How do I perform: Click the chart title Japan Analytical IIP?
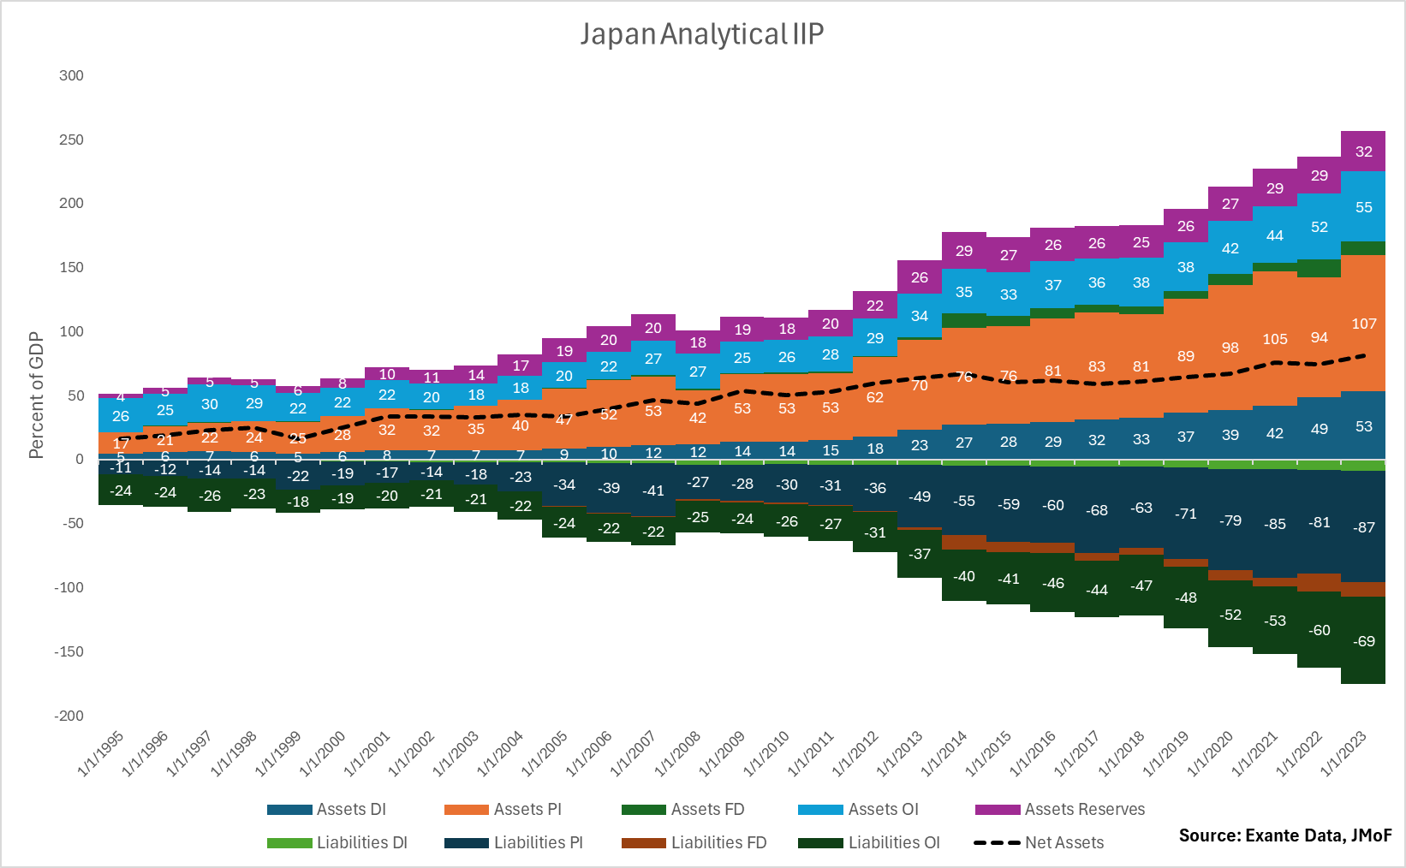(702, 34)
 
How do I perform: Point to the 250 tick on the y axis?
(71, 140)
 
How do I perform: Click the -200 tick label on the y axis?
(69, 716)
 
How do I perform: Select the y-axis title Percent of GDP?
(36, 395)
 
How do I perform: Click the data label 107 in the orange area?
(1363, 324)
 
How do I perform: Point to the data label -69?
(1363, 641)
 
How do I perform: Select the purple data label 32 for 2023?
(1363, 152)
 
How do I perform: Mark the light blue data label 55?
(1363, 207)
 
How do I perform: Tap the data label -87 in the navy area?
(1363, 527)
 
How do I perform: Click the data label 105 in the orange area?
(1274, 339)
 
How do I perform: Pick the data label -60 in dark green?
(1319, 630)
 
